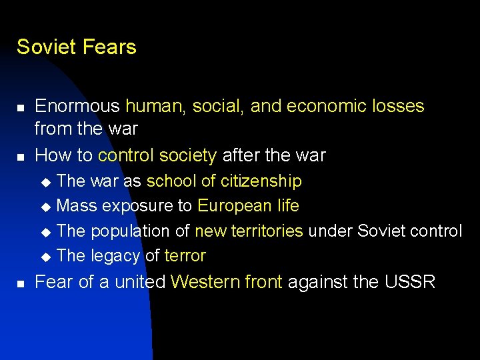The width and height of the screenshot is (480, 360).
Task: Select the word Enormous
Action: click(x=77, y=106)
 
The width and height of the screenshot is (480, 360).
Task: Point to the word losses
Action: click(x=397, y=106)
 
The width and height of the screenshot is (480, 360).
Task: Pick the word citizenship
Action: click(x=261, y=181)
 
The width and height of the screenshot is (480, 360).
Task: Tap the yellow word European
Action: click(x=231, y=206)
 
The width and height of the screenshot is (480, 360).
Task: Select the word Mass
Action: click(x=77, y=206)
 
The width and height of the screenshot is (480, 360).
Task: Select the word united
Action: click(x=140, y=282)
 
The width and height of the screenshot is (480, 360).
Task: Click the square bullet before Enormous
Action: click(x=21, y=107)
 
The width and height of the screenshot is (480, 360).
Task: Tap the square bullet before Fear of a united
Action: click(x=21, y=283)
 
